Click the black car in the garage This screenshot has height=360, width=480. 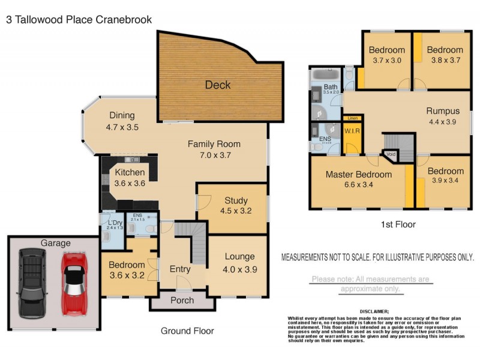pyautogui.click(x=31, y=283)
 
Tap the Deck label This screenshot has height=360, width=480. pyautogui.click(x=218, y=85)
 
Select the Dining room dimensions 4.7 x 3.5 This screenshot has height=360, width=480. pyautogui.click(x=122, y=127)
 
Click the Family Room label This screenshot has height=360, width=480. pyautogui.click(x=214, y=144)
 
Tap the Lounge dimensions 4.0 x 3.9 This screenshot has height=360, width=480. pyautogui.click(x=239, y=269)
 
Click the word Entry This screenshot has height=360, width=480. pyautogui.click(x=179, y=268)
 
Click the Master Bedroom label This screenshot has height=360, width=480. pyautogui.click(x=359, y=175)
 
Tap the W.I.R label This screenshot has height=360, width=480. pyautogui.click(x=351, y=130)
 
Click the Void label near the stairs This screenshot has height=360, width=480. pyautogui.click(x=391, y=154)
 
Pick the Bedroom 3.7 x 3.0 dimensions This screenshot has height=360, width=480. pyautogui.click(x=386, y=61)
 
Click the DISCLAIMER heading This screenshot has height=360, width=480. pyautogui.click(x=374, y=311)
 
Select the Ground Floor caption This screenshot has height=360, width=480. pyautogui.click(x=187, y=331)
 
